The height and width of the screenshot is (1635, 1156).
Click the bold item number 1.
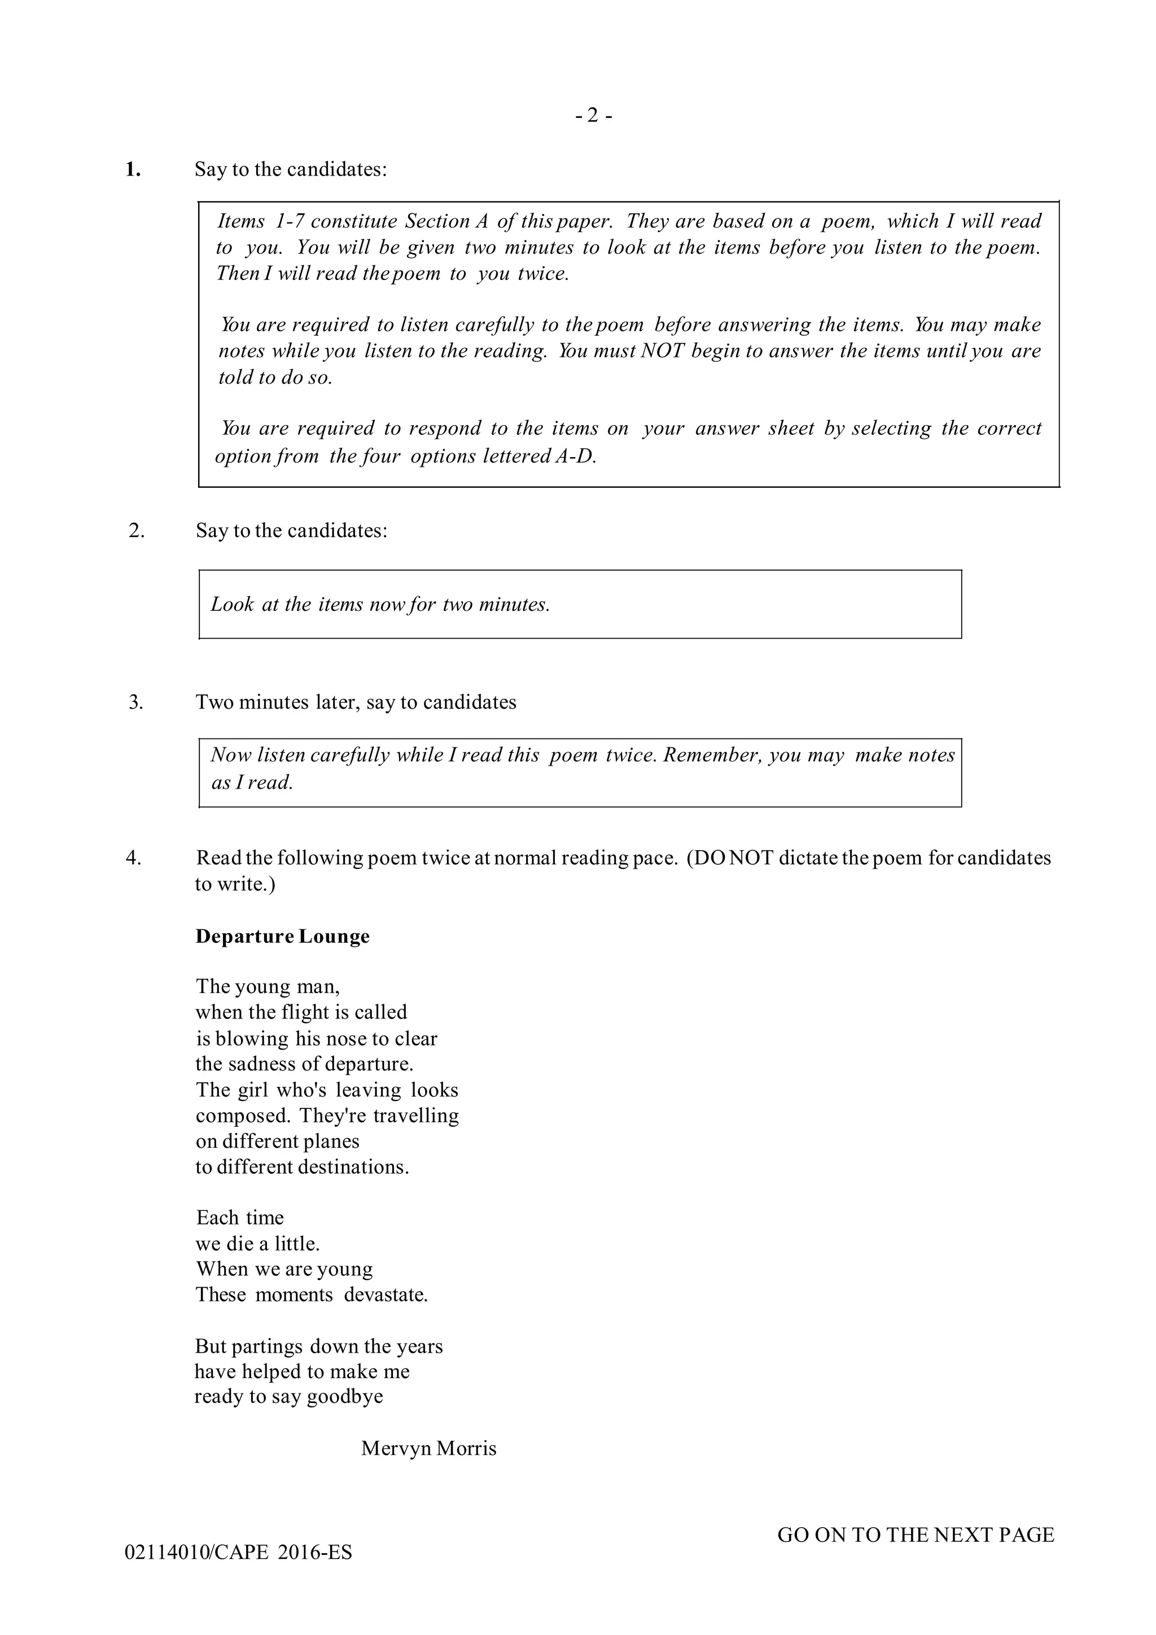(133, 169)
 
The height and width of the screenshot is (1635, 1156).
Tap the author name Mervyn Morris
(428, 1448)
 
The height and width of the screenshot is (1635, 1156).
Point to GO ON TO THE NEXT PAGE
(916, 1535)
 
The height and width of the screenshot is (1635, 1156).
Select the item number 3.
(135, 702)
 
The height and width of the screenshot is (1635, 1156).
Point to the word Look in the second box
(232, 605)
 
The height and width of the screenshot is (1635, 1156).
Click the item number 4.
(134, 858)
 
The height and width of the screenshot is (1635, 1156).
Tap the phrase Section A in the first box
(446, 221)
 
